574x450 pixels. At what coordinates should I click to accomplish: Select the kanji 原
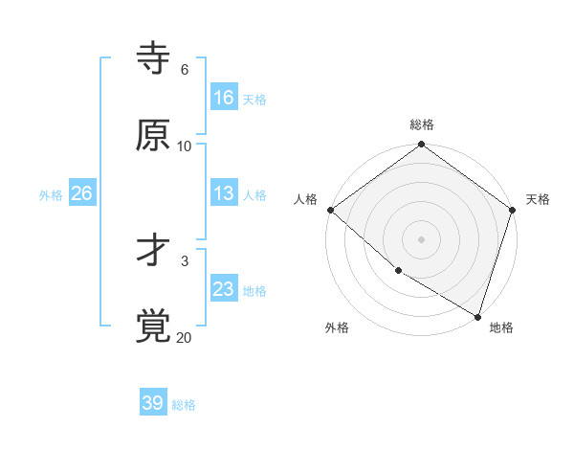point(153,135)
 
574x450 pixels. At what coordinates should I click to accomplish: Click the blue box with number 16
point(224,97)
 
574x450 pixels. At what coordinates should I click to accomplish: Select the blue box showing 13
point(224,193)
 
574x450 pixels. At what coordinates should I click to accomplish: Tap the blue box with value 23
point(224,289)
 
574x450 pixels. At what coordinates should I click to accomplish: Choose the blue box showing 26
point(81,193)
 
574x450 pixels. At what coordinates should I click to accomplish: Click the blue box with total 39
point(153,403)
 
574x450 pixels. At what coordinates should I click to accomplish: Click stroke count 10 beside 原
point(185,146)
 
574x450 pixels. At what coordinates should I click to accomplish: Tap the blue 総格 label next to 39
point(184,405)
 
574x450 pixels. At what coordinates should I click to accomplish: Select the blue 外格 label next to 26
point(51,195)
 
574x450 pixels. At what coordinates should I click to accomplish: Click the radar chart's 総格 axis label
point(422,124)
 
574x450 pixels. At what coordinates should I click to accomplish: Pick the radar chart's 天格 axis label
point(538,199)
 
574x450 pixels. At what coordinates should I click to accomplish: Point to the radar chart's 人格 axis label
point(305,199)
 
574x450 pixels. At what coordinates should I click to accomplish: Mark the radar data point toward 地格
point(477,316)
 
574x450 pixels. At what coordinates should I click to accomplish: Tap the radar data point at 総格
point(422,146)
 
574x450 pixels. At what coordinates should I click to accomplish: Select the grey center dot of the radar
point(422,238)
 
